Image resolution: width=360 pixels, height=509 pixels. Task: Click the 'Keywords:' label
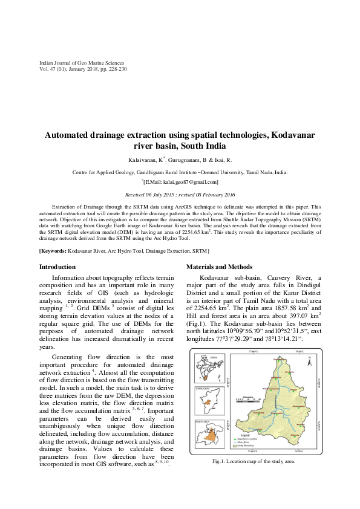click(x=53, y=250)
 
